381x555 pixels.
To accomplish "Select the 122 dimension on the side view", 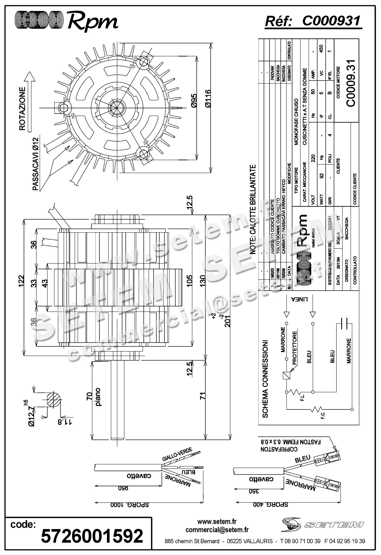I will click(22, 281).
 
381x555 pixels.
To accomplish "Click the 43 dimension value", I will click(45, 283).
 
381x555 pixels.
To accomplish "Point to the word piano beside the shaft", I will click(98, 397).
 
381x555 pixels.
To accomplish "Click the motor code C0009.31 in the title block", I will click(351, 83).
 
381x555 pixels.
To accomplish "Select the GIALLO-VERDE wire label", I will click(177, 454).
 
